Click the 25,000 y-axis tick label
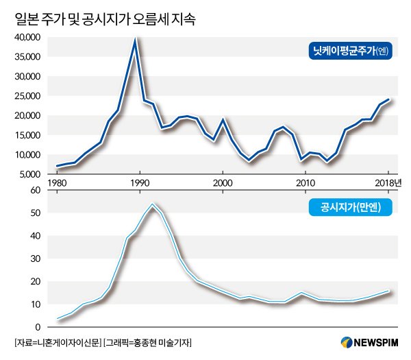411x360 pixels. pyautogui.click(x=29, y=96)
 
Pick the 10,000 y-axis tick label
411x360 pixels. pyautogui.click(x=29, y=155)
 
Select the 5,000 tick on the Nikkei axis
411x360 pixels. pyautogui.click(x=31, y=174)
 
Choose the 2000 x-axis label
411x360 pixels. pyautogui.click(x=223, y=183)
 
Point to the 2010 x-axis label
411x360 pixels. pyautogui.click(x=306, y=183)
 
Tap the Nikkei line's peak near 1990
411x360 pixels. pyautogui.click(x=136, y=39)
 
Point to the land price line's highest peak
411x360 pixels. pyautogui.click(x=152, y=204)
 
